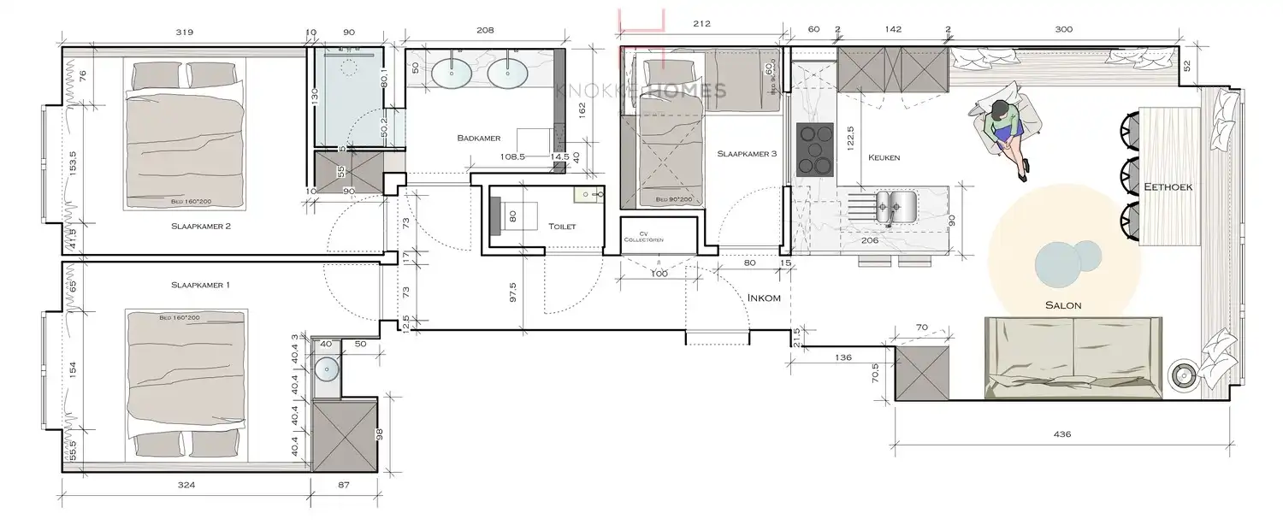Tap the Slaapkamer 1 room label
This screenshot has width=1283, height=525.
pos(200,284)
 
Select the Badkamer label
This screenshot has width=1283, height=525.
pos(478,137)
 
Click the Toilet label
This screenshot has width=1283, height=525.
pos(561,227)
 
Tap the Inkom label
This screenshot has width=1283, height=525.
pos(765,298)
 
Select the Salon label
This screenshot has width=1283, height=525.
pos(1062,305)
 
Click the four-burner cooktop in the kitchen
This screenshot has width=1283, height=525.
pos(815,150)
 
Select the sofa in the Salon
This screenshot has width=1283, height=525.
pos(1073,356)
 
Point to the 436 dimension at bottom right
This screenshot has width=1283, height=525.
pos(1061,434)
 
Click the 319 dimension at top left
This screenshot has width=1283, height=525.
pos(184,32)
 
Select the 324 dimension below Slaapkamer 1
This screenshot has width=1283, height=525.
pos(186,486)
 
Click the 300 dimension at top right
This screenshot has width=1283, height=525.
pos(1063,29)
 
